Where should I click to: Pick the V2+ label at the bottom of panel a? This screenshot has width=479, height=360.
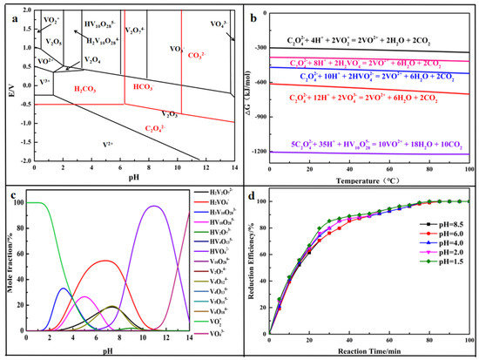pyautogui.click(x=107, y=142)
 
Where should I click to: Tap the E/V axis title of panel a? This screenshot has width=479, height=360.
pyautogui.click(x=8, y=85)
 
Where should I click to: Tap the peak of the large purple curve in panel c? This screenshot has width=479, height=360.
pyautogui.click(x=154, y=207)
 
